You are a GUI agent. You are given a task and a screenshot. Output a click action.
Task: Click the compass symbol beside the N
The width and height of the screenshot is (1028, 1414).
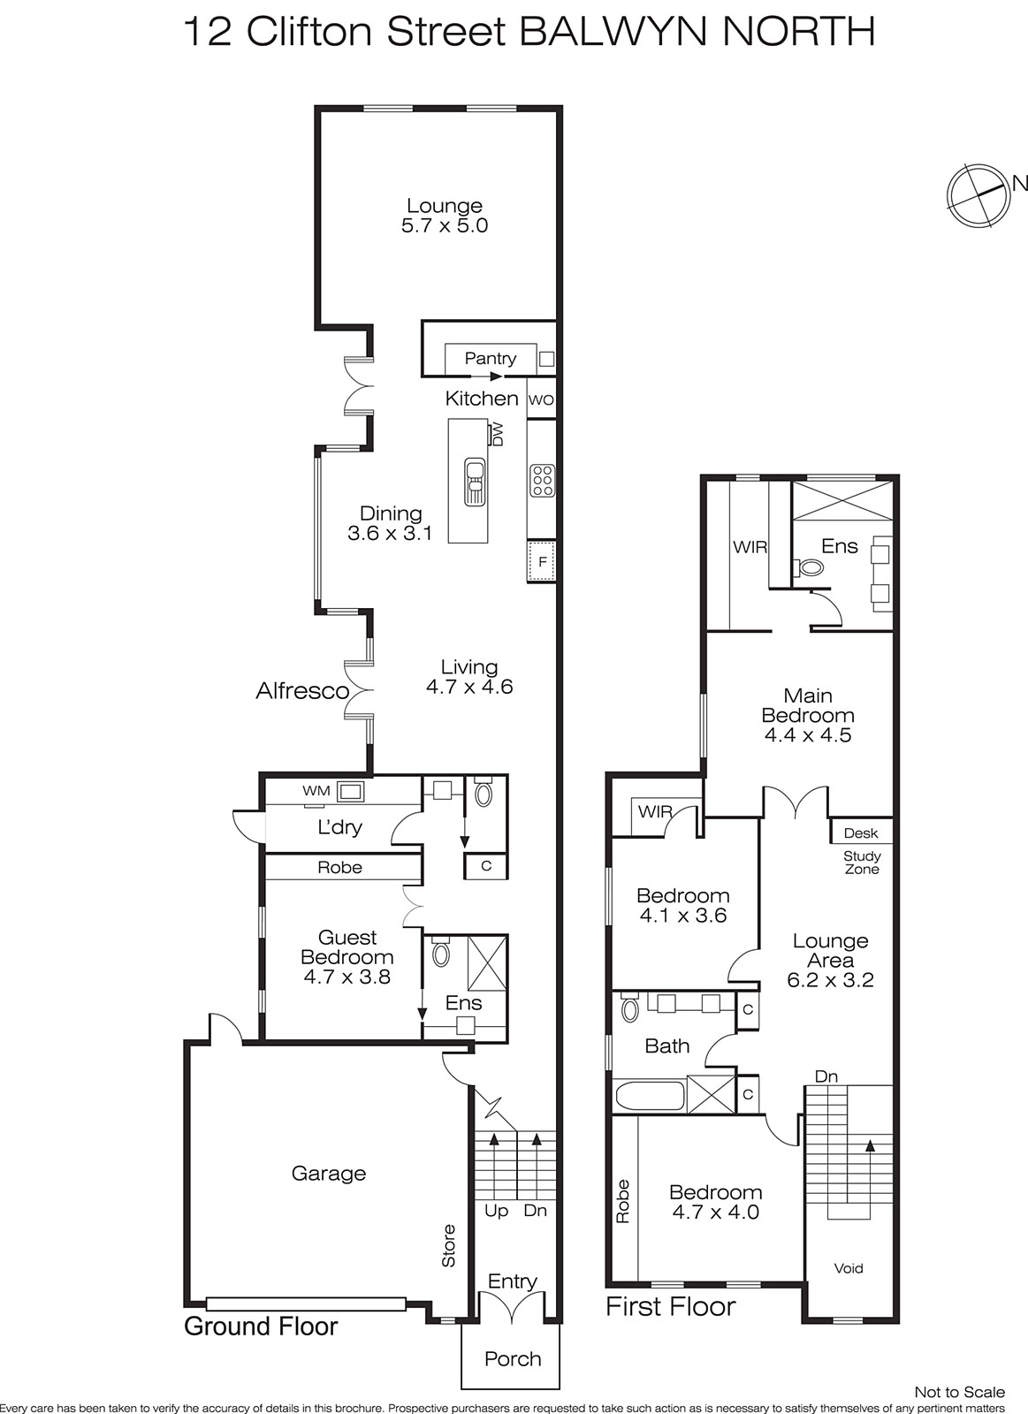pos(977,196)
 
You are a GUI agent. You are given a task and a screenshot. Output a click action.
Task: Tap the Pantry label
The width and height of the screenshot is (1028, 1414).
pos(490,359)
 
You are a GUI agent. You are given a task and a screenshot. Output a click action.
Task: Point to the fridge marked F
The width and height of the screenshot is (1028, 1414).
pos(542,561)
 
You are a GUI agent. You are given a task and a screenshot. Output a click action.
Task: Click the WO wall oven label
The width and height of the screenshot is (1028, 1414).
pos(541,399)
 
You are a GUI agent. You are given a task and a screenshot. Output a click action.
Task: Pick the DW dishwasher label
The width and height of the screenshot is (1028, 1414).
pos(498,434)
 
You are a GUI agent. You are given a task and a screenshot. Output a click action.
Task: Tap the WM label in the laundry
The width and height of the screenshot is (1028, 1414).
pos(316,791)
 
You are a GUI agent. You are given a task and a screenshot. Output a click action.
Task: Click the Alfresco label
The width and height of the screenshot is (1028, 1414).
pos(302,691)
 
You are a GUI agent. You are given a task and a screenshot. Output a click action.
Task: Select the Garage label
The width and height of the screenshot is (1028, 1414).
pos(328,1174)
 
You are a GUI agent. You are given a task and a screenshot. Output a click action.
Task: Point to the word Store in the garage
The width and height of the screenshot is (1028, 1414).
pos(448,1245)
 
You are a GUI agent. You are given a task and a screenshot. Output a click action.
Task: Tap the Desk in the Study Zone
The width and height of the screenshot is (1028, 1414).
pos(861,833)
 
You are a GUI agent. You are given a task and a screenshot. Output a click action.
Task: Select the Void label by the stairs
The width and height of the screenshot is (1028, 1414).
pos(848,1268)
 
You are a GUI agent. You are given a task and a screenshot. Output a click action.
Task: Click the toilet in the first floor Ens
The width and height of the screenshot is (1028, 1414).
pos(811,567)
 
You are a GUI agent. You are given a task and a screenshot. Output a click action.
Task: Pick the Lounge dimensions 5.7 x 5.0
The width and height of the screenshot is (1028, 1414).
pos(445,225)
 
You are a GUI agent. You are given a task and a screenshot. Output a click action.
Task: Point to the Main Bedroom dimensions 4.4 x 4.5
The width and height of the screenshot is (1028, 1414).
pos(808,734)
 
